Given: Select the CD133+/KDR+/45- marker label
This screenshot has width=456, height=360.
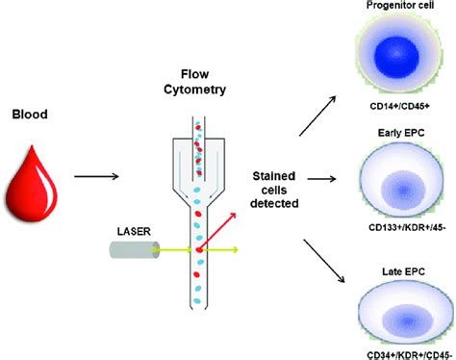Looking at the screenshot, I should [x=396, y=227].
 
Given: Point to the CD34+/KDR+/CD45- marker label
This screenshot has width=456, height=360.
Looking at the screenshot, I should [x=396, y=350].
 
